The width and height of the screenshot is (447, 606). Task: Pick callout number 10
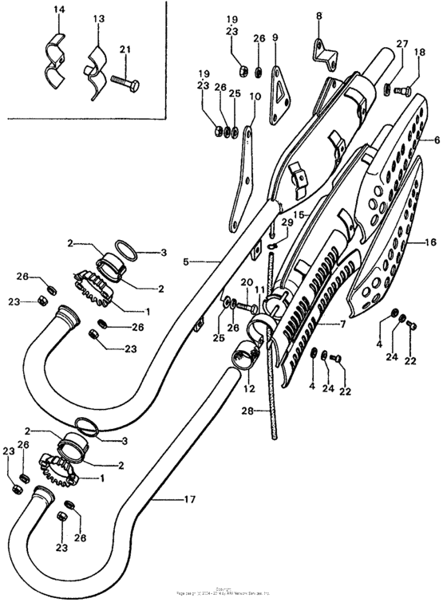(x=255, y=98)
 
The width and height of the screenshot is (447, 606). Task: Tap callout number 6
(x=437, y=139)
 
